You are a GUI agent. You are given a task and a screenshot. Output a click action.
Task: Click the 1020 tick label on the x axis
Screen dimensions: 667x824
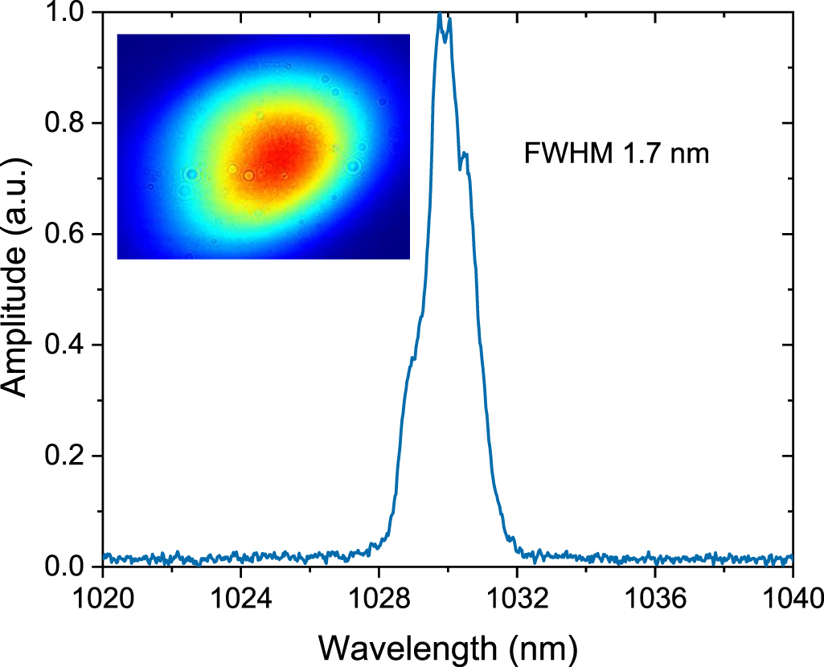coord(103,599)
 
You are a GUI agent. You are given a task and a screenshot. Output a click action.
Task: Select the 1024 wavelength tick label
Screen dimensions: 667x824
coord(240,599)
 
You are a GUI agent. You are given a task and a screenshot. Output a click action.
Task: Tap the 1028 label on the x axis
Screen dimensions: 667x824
coord(379,599)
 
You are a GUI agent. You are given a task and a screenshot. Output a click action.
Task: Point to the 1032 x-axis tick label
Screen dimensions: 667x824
coord(517,599)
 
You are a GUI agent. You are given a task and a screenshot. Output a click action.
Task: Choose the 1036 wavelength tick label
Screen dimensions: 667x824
coord(655,599)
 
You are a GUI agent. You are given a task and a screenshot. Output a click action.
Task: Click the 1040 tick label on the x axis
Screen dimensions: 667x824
coord(791,599)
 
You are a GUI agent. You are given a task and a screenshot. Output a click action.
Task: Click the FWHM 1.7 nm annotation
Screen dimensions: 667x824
coord(617,153)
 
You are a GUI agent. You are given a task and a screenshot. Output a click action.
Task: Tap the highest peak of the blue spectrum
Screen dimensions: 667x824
coord(439,14)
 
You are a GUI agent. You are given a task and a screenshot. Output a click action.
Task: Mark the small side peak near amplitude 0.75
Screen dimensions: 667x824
coord(465,153)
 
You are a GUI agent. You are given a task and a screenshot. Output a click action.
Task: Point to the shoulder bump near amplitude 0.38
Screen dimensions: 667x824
coord(412,358)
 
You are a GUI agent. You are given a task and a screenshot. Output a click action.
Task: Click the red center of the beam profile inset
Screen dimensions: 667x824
coord(277,157)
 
